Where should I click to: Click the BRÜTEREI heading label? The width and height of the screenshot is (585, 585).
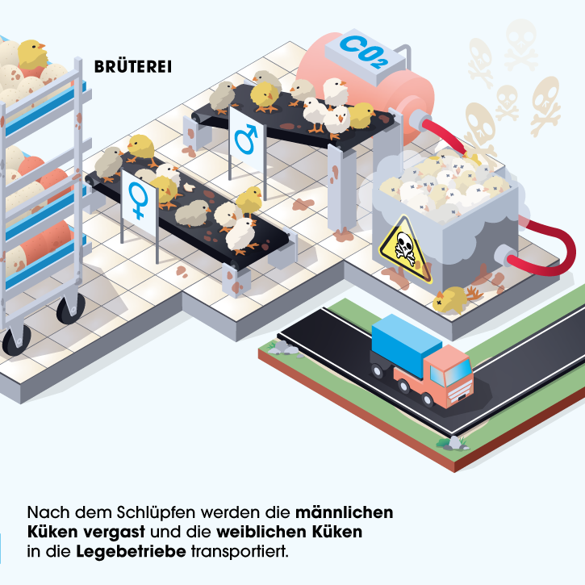133,66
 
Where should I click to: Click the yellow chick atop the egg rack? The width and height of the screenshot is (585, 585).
33,54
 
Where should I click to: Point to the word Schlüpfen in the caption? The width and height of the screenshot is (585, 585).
170,512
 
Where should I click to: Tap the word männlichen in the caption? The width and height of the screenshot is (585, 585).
345,512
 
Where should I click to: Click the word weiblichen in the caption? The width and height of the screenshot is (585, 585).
265,533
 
